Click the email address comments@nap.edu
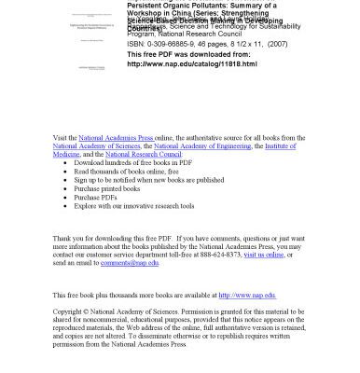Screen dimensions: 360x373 coord(131,263)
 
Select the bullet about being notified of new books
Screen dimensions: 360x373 coord(149,179)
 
